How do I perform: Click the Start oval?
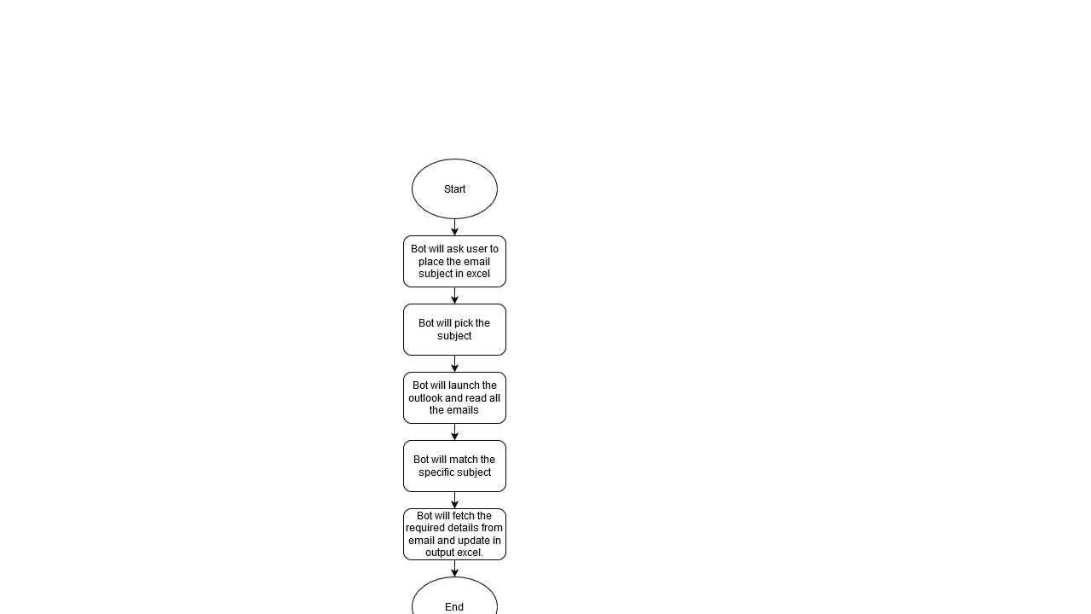click(x=454, y=188)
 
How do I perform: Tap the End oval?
click(x=454, y=596)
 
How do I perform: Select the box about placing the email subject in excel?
click(x=454, y=262)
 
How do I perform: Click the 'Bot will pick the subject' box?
click(x=454, y=330)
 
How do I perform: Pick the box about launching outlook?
click(x=454, y=398)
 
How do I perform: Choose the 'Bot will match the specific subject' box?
click(x=454, y=466)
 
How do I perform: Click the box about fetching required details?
click(x=454, y=535)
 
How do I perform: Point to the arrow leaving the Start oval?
click(x=454, y=227)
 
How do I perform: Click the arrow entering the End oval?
click(x=454, y=568)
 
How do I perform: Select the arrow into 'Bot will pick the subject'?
click(x=454, y=295)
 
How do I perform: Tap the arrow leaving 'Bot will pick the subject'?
click(x=454, y=363)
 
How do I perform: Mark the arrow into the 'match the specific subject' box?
click(x=454, y=432)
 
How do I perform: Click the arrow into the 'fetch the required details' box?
click(x=454, y=500)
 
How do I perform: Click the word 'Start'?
click(x=454, y=189)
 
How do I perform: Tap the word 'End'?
click(x=454, y=606)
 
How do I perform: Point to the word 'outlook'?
click(x=424, y=398)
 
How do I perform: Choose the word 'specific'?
click(x=435, y=472)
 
